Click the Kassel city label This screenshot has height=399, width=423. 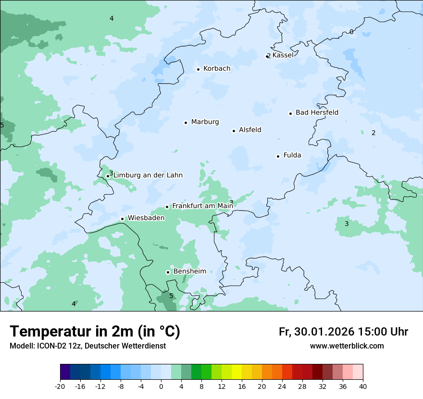[283, 55]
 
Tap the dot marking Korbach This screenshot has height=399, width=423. [198, 69]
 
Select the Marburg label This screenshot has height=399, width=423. [205, 122]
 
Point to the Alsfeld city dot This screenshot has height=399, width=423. [234, 131]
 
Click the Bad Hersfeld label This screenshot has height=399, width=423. [317, 112]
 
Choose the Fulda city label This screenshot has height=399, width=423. [292, 155]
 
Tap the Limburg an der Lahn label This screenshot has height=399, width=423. [148, 175]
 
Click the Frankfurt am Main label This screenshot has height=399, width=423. [202, 206]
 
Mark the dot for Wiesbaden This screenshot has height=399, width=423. [123, 219]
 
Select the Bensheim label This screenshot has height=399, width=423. [189, 271]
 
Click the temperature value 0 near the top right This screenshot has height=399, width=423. [351, 32]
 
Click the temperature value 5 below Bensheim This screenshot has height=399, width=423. [171, 296]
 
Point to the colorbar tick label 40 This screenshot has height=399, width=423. [363, 387]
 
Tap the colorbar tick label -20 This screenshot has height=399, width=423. [60, 387]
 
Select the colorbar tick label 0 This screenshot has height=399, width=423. [161, 387]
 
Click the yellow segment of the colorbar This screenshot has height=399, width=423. [236, 372]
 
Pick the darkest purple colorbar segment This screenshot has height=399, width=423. [65, 372]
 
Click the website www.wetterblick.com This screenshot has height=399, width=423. [347, 346]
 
